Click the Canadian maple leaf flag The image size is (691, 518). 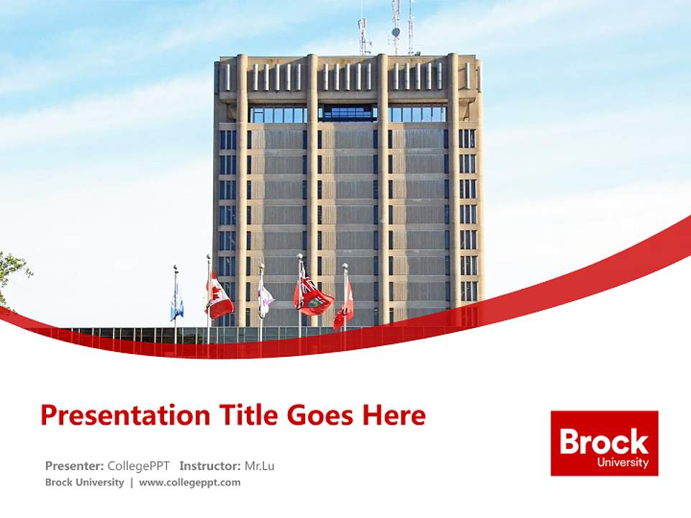point(219,296)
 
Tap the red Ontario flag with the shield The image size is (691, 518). point(314,296)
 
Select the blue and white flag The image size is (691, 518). point(177,302)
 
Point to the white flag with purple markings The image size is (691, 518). point(265,298)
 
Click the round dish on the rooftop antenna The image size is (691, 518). point(395,32)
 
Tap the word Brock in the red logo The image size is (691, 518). point(604,441)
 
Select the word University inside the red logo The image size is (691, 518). point(623,463)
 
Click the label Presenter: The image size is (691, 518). point(75,465)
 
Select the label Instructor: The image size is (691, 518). point(209,465)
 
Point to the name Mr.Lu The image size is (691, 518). point(259,465)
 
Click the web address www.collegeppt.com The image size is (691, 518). point(189,482)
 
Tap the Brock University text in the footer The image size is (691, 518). point(84,482)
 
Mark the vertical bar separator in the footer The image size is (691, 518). point(131,482)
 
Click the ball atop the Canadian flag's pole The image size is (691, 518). point(209,256)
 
